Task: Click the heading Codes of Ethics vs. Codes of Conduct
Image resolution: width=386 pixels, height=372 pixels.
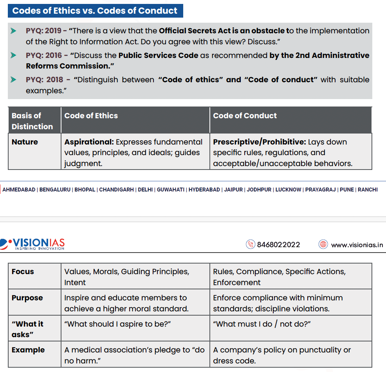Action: tap(95, 11)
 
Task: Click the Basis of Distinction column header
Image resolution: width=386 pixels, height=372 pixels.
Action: tap(32, 121)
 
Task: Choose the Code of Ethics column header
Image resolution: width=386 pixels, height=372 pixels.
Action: tap(91, 116)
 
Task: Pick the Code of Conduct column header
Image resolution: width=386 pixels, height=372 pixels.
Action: tap(245, 116)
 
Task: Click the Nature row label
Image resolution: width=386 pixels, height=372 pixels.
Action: tap(25, 142)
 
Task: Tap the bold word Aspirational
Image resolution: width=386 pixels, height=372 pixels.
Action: tap(89, 142)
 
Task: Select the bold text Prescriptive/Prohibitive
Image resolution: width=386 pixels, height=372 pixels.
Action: tap(259, 142)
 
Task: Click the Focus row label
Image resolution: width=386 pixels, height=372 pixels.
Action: tap(23, 271)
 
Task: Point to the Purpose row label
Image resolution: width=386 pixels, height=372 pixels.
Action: tap(27, 298)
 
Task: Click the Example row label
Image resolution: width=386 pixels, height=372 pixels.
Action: tap(28, 350)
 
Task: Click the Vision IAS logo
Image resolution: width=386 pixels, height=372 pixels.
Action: tap(33, 244)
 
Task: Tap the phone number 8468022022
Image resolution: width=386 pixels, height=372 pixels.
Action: tap(278, 245)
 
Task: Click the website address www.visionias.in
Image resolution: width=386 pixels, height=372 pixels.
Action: tap(357, 245)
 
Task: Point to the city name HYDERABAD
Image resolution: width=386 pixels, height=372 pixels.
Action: tap(204, 190)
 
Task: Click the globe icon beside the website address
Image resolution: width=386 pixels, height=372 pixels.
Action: tap(323, 244)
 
